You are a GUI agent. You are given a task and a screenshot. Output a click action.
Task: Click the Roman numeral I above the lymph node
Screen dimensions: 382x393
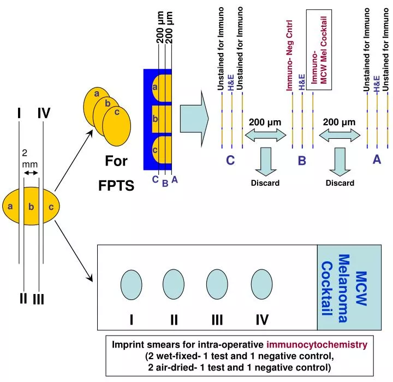[19, 113]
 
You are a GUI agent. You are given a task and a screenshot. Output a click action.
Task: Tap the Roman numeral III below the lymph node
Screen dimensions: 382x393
[38, 299]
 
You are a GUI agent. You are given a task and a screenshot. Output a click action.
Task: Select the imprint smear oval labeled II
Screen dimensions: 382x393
[174, 285]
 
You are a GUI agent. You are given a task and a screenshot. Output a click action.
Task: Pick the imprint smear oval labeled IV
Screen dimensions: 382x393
[261, 285]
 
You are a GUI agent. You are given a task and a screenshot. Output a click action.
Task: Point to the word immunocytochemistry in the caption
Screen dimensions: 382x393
[317, 345]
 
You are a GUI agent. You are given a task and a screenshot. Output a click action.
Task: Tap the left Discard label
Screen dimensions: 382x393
[265, 183]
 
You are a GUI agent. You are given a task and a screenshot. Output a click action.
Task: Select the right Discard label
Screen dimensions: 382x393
[340, 183]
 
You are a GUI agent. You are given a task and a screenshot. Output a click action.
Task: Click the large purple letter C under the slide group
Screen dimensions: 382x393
[230, 161]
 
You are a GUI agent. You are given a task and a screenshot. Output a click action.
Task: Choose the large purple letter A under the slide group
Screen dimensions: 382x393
[377, 160]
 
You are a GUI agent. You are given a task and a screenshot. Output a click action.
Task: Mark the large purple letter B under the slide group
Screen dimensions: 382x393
[302, 161]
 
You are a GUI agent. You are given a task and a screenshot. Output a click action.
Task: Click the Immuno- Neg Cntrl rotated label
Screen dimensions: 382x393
[290, 55]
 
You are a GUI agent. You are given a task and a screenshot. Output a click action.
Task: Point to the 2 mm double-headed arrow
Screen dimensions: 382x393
[32, 173]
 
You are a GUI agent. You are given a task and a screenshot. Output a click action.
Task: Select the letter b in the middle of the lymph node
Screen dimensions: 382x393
[31, 206]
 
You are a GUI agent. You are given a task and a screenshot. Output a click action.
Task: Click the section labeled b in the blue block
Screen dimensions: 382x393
[156, 119]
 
